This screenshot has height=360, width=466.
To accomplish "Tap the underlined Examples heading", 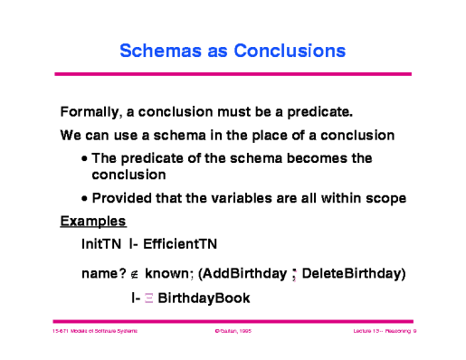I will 92,221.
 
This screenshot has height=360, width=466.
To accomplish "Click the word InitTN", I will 100,243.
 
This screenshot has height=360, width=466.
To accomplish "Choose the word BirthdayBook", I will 205,298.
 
